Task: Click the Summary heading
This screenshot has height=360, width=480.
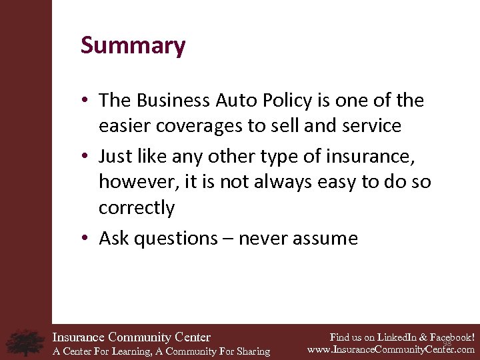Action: [133, 46]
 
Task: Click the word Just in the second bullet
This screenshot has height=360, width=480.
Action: [115, 157]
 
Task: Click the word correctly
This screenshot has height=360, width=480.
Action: [137, 207]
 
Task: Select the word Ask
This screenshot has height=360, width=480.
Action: [114, 238]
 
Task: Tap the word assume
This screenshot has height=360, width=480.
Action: [327, 239]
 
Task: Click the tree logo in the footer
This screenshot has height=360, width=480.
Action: [25, 343]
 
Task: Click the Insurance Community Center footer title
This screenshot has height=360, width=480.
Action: [131, 337]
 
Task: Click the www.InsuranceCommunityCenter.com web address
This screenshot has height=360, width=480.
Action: [391, 349]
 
